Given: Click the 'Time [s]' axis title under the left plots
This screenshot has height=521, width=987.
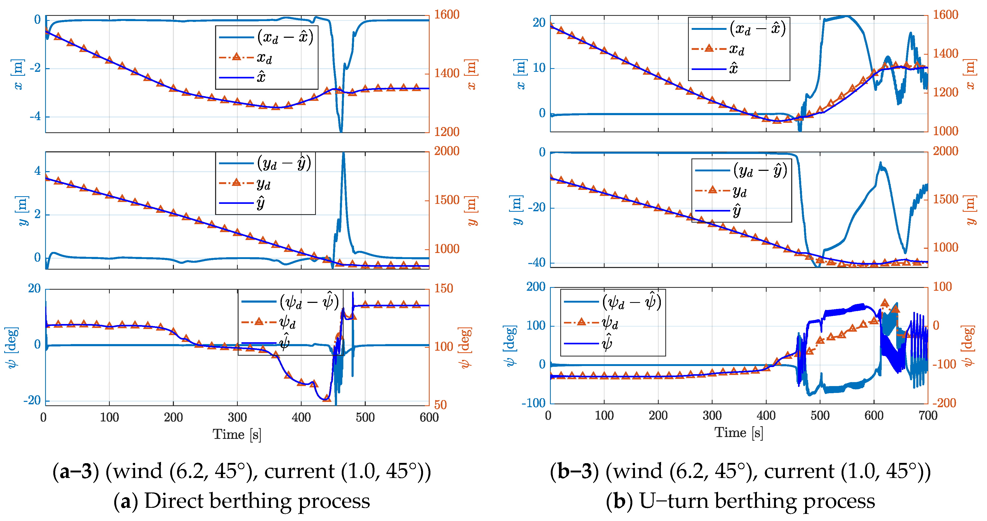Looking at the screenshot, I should [237, 434].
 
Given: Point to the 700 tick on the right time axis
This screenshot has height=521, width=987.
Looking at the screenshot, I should [927, 415].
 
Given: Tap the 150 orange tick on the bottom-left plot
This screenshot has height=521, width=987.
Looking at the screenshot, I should [444, 288].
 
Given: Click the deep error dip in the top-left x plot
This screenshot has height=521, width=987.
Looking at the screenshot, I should [341, 130].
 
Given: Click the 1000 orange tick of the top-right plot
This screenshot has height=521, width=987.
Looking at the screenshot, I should [945, 131].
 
